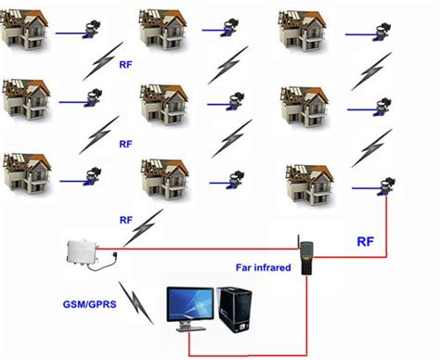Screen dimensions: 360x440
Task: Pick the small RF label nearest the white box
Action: pos(127,220)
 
